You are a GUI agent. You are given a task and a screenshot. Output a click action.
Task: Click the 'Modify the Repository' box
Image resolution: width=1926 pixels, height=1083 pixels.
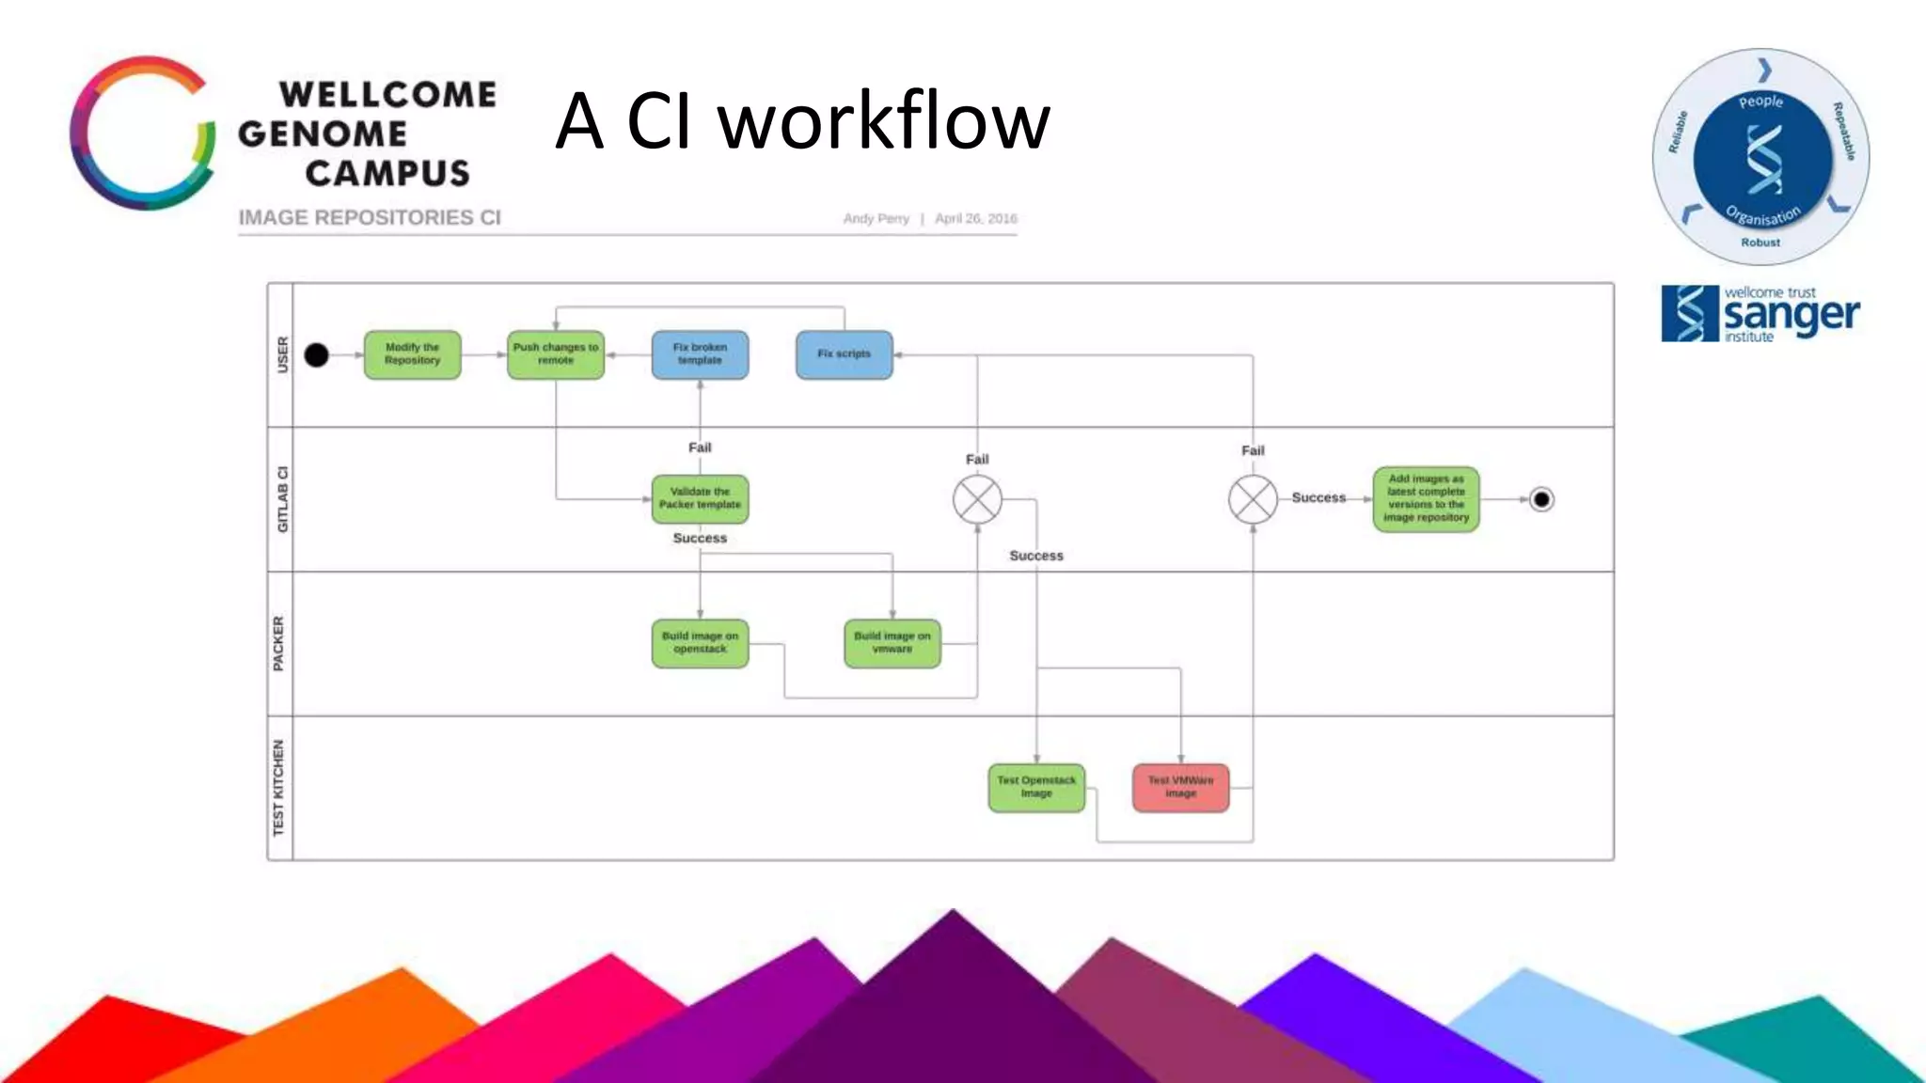click(x=412, y=354)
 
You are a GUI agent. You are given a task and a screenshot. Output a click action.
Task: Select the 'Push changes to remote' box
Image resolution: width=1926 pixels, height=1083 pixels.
click(x=555, y=354)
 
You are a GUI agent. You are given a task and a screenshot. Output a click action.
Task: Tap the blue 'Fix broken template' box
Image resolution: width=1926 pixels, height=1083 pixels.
click(x=700, y=354)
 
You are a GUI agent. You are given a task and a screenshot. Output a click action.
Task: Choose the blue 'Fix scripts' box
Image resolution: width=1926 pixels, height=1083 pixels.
click(x=844, y=354)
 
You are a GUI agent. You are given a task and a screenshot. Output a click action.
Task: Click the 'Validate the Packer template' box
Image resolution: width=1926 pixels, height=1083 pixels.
click(x=700, y=498)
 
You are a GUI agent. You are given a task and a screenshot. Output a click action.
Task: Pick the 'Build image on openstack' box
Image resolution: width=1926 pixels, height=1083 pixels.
click(x=700, y=643)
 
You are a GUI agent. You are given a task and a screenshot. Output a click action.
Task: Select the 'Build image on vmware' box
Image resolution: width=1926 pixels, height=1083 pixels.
click(x=892, y=643)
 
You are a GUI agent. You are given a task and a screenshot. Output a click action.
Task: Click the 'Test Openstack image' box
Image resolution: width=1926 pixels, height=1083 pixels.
click(x=1036, y=787)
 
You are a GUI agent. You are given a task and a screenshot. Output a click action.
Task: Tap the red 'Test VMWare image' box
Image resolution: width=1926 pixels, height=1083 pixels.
click(x=1180, y=787)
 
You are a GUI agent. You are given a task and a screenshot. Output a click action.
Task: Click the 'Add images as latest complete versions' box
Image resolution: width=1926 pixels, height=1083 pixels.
click(x=1426, y=498)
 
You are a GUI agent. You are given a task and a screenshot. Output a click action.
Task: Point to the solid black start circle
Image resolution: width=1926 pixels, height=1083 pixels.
click(x=317, y=355)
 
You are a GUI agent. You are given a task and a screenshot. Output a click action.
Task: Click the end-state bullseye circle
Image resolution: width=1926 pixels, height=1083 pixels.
click(x=1540, y=499)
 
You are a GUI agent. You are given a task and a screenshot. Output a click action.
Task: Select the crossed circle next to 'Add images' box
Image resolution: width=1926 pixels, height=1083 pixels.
click(x=1253, y=499)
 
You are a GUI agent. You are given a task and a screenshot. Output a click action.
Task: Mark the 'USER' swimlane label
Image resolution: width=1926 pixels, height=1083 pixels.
click(x=281, y=355)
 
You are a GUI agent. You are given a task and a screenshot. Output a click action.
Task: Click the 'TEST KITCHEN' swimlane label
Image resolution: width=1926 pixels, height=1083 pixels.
click(x=279, y=788)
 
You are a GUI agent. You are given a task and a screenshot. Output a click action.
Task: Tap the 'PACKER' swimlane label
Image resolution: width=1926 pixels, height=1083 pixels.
click(x=279, y=644)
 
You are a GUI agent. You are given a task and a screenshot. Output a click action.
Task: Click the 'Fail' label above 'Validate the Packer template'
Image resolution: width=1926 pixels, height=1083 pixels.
click(x=700, y=447)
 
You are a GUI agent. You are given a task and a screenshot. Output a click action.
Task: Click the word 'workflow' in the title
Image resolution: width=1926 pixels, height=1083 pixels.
click(x=884, y=122)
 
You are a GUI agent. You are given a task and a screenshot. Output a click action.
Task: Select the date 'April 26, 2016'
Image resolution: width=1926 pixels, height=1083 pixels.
click(x=975, y=218)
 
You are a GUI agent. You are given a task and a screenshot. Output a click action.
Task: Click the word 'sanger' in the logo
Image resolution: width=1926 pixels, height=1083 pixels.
click(x=1791, y=315)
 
